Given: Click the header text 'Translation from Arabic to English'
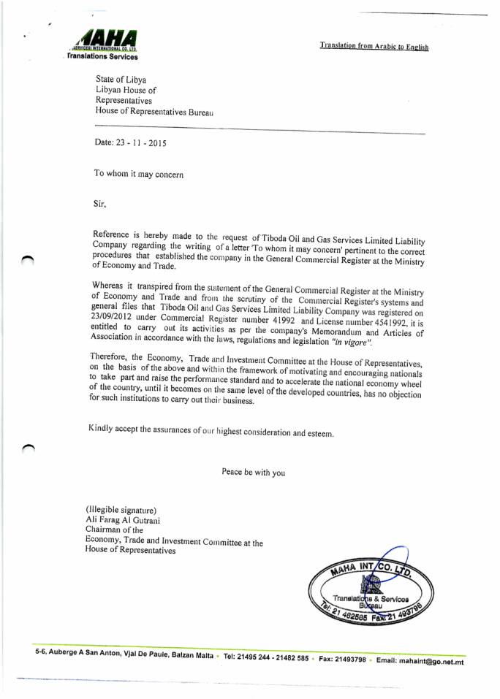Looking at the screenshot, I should coord(374,46).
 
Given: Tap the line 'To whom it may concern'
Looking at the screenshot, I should coord(139,174).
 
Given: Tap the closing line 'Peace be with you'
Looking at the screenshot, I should coord(253,472).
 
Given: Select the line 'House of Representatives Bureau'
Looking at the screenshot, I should coord(154,112).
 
